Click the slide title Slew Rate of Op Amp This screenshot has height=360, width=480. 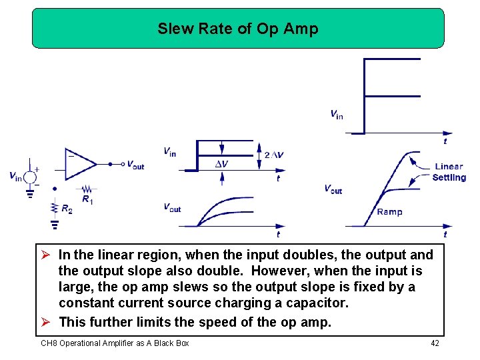click(x=238, y=29)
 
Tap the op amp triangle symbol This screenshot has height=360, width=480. click(x=79, y=163)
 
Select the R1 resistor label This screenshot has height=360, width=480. click(x=87, y=199)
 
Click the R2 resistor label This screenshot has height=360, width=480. click(x=67, y=209)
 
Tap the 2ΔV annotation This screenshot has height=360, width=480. click(x=274, y=155)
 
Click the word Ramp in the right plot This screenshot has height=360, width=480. click(x=390, y=212)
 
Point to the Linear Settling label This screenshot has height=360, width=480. click(x=449, y=172)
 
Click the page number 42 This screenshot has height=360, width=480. click(x=435, y=343)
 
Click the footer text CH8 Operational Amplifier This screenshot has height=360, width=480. click(x=115, y=343)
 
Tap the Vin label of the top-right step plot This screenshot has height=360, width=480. click(x=337, y=115)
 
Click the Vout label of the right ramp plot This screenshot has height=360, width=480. click(x=333, y=189)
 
